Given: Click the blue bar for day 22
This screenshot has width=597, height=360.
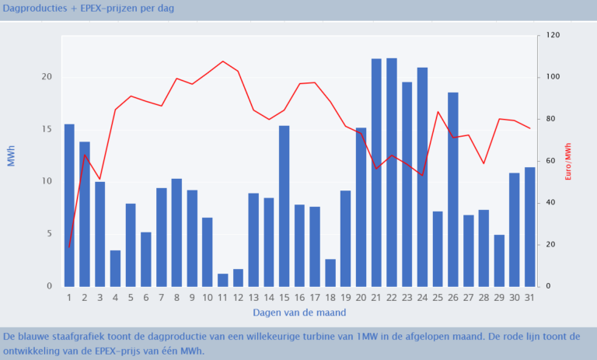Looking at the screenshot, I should click(x=392, y=172).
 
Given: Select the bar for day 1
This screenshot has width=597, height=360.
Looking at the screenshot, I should click(x=69, y=204).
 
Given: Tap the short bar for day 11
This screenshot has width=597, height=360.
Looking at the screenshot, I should click(x=223, y=280).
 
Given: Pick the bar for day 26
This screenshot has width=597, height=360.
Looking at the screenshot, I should click(x=453, y=189).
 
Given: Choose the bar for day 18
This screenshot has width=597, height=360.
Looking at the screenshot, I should click(x=330, y=273).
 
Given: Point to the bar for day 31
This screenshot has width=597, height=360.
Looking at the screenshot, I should click(x=529, y=226).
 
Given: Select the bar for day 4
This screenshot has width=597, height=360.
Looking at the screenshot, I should click(x=115, y=268).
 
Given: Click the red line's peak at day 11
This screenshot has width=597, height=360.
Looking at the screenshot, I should click(x=223, y=61).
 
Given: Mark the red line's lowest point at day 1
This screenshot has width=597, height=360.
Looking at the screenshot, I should click(x=69, y=247).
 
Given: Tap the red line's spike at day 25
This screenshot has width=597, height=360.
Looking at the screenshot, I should click(x=438, y=111).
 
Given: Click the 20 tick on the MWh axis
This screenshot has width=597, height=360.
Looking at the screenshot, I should click(x=47, y=77).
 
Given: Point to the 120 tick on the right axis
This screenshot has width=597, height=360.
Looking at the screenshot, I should click(x=553, y=36).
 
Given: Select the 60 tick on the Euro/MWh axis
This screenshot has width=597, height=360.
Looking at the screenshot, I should click(x=550, y=161).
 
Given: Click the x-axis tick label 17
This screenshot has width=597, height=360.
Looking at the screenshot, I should click(x=315, y=297).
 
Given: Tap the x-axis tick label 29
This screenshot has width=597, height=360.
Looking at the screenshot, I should click(x=499, y=297).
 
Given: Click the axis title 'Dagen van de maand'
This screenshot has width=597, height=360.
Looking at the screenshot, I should click(x=299, y=313).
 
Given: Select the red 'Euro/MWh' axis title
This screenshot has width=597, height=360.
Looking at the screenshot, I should click(x=569, y=161).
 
